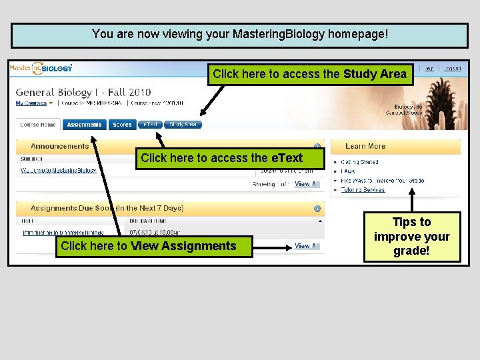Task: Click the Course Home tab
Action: tap(38, 125)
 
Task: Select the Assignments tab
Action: tap(84, 125)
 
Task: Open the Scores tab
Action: tap(122, 125)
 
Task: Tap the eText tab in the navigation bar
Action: tap(151, 125)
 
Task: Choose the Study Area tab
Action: tap(182, 125)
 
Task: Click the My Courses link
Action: tap(31, 103)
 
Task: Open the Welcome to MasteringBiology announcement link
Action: tap(59, 171)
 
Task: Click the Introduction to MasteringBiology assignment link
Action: tap(63, 233)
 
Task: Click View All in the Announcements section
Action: tap(307, 184)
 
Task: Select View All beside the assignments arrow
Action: tap(307, 246)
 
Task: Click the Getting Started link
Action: tap(360, 162)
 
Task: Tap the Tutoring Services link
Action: tap(363, 190)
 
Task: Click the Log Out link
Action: tap(453, 68)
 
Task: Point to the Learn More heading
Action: tap(365, 146)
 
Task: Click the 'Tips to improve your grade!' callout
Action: tap(412, 237)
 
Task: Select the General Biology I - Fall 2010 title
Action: tap(83, 92)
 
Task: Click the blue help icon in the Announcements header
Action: tap(317, 147)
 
